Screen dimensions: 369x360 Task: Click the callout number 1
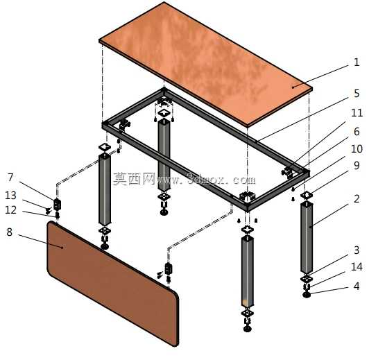point(357,62)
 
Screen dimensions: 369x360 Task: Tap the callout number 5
point(357,94)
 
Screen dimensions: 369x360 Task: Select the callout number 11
point(357,113)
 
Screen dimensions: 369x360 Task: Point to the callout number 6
point(357,132)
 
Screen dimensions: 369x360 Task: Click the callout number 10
point(357,149)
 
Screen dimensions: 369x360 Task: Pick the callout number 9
point(357,166)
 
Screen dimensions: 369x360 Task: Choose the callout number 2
point(357,199)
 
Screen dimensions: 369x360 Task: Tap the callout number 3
point(357,250)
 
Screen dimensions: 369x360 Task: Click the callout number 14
point(357,267)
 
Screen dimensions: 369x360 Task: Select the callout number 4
point(357,286)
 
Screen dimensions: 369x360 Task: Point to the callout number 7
point(10,178)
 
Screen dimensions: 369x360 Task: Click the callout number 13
point(10,196)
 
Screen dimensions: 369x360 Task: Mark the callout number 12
point(10,210)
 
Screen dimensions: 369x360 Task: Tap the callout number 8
point(9,232)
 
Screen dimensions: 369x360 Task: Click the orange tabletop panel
point(205,64)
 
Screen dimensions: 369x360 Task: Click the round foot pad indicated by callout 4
point(307,295)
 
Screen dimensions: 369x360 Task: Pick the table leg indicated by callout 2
point(307,237)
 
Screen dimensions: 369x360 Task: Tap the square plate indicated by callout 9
point(307,195)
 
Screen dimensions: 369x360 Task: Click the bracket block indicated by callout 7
point(57,204)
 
